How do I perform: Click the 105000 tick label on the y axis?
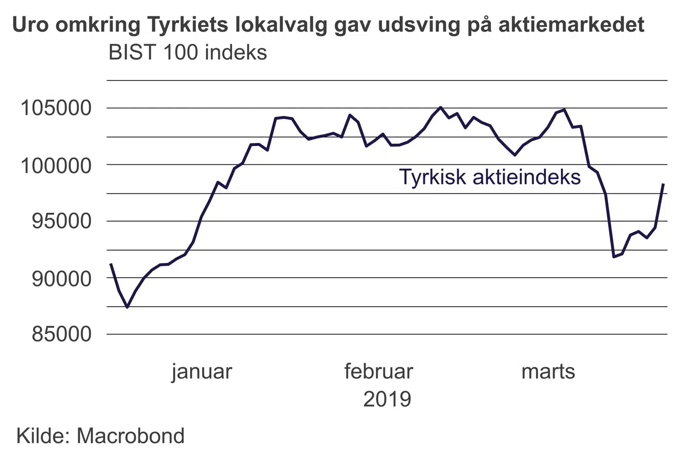point(56,108)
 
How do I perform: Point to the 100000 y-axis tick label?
point(56,166)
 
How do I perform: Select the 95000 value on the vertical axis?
point(61,221)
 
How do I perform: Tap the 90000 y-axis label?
point(61,278)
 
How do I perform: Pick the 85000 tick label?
point(61,334)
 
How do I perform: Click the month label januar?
point(202,372)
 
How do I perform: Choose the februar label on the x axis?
point(378,372)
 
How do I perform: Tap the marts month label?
point(548,372)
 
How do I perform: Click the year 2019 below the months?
point(387,400)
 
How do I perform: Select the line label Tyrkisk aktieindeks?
point(490,177)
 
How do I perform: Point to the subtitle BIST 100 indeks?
point(188,52)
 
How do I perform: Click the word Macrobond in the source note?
point(130,436)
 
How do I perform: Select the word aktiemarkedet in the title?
point(571,24)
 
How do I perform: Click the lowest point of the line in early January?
point(127,307)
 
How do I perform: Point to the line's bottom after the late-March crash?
point(614,257)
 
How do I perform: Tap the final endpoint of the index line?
point(664,184)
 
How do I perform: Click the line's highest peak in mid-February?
point(440,107)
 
